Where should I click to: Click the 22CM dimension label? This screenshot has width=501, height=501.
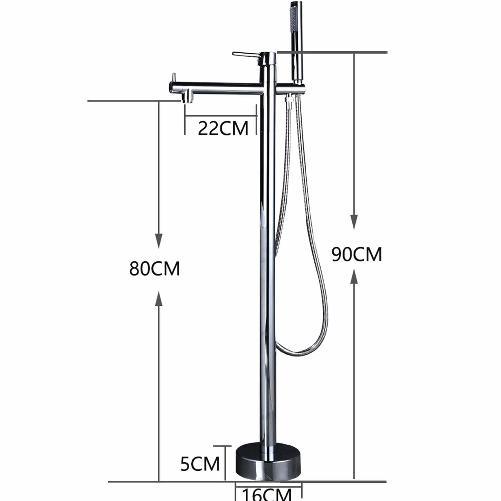(x=223, y=128)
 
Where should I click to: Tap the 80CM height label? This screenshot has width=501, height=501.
(x=155, y=268)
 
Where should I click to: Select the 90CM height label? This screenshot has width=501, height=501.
(x=357, y=254)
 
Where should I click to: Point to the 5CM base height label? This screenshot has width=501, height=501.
(x=200, y=464)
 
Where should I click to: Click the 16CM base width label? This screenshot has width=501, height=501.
(x=266, y=494)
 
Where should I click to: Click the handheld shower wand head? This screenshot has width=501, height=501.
(x=296, y=42)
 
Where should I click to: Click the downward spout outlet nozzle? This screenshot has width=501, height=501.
(x=188, y=96)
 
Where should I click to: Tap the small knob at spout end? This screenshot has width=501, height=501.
(x=174, y=78)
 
